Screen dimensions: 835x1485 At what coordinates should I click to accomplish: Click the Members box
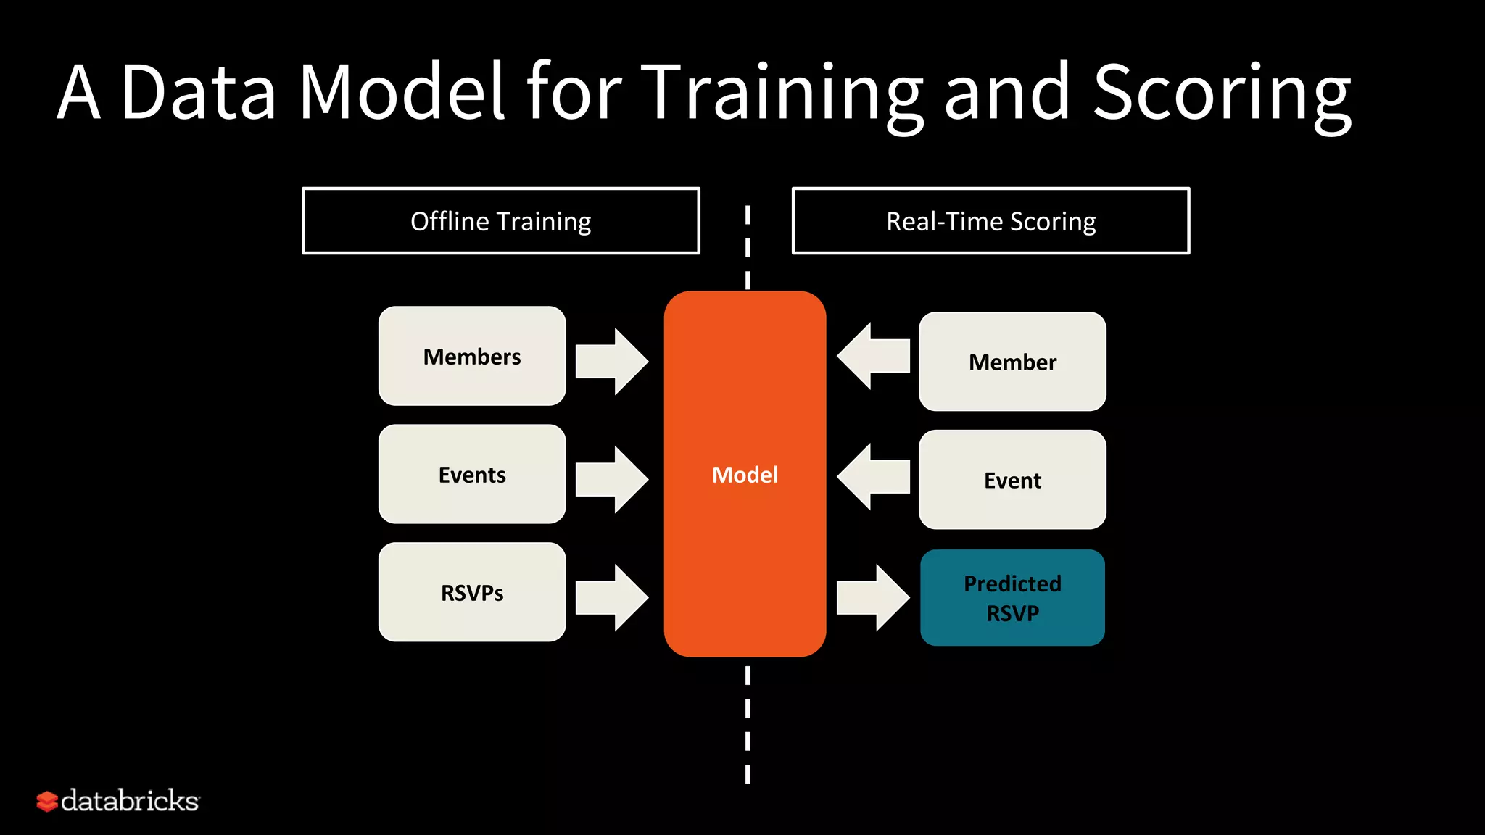[472, 356]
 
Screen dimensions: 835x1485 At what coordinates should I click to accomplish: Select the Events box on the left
[472, 474]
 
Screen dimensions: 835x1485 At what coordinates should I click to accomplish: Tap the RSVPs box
[472, 592]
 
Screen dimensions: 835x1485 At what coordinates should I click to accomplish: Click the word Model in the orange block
[745, 475]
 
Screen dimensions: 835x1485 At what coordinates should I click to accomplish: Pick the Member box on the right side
[1012, 362]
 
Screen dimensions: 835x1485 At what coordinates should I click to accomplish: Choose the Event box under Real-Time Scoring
[1012, 480]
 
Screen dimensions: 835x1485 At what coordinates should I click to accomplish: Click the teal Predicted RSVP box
[1012, 598]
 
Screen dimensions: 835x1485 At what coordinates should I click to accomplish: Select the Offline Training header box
[500, 221]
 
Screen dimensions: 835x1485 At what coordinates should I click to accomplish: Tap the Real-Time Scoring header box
[990, 221]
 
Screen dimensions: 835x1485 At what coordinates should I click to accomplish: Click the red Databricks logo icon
[46, 801]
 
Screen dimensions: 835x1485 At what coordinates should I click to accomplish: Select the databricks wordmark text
[130, 801]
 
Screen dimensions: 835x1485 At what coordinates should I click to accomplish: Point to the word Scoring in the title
[1222, 94]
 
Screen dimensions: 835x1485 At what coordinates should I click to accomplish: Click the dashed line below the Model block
[748, 725]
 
